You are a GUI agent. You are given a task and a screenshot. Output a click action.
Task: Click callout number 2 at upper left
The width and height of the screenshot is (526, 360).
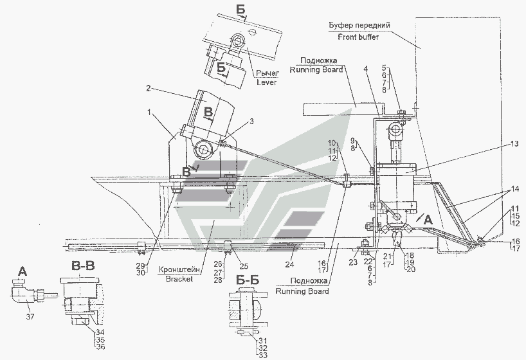149,87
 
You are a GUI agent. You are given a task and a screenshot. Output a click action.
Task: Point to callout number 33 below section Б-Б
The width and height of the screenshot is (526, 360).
262,354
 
